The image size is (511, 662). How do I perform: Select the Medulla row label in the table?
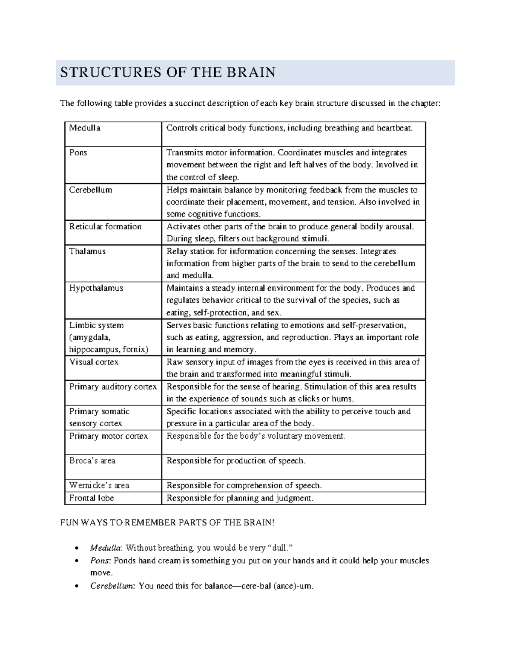point(85,128)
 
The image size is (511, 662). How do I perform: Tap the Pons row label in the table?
point(78,153)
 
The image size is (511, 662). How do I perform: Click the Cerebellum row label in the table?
point(90,190)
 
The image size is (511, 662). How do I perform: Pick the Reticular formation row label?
point(105,226)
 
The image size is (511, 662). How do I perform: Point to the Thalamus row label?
point(87,251)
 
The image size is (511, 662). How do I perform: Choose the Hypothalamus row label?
point(96,288)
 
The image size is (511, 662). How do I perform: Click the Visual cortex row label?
point(94,362)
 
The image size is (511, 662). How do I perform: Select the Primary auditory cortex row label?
point(113,387)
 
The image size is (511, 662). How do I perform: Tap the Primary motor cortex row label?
point(108,436)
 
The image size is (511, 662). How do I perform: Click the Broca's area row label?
point(92,461)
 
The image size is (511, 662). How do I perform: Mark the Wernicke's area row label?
point(99,486)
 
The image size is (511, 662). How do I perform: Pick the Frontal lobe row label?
point(92,498)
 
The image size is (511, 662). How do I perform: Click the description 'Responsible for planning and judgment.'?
point(240,498)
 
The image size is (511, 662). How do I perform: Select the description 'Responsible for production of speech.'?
point(236,461)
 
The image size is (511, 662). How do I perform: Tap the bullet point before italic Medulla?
point(76,548)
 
